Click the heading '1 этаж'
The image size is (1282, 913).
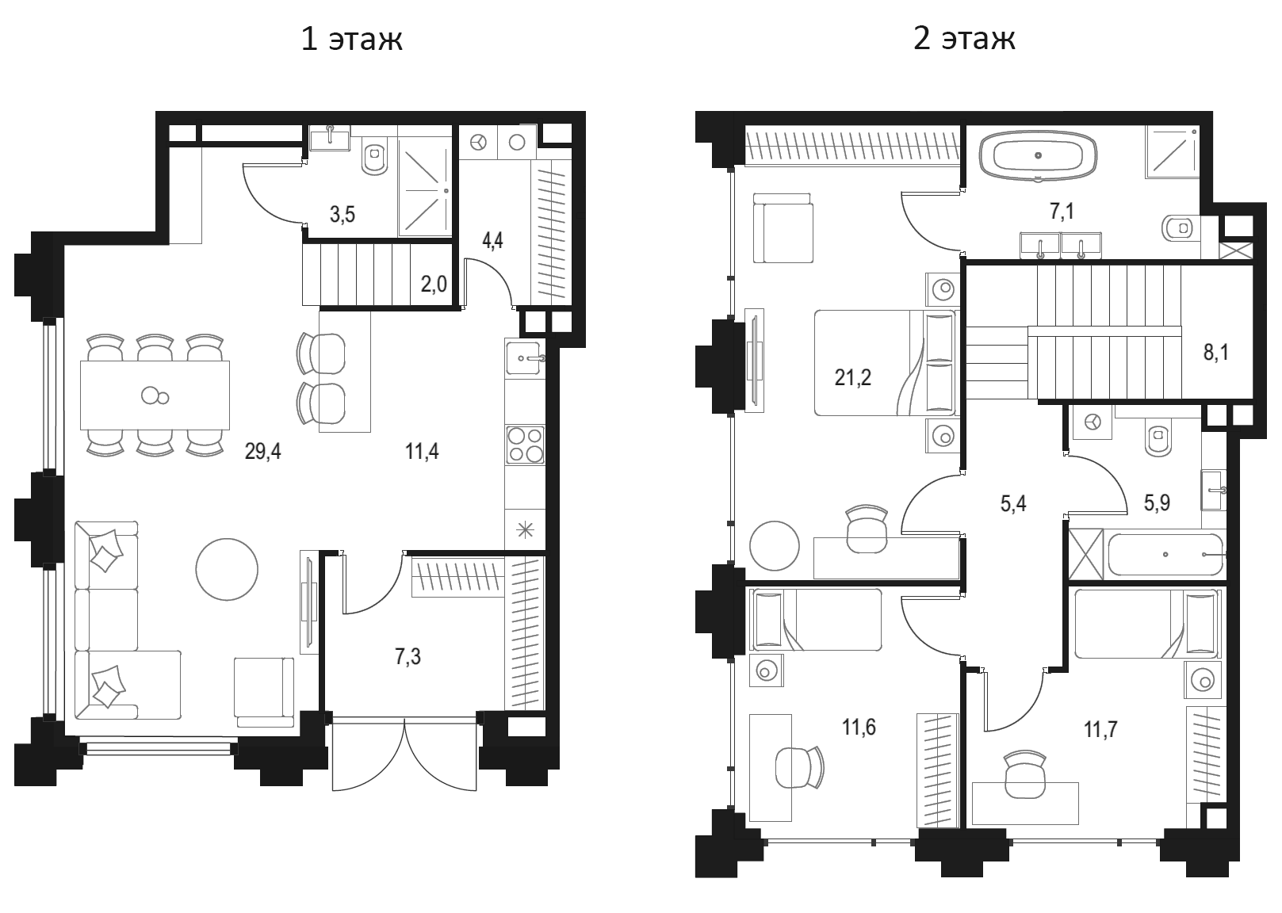click(x=351, y=40)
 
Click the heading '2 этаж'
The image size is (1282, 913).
click(x=964, y=40)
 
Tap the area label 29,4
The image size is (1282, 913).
click(x=262, y=452)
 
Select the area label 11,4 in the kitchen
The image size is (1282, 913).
click(x=422, y=452)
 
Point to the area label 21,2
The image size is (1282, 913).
click(x=853, y=377)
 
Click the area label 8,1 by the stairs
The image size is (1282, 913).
click(x=1216, y=353)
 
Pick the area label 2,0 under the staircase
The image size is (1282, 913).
click(x=434, y=284)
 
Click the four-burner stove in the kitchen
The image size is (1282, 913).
click(x=526, y=445)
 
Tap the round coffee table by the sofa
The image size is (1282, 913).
click(x=227, y=569)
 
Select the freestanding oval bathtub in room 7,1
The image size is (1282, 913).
click(x=1038, y=155)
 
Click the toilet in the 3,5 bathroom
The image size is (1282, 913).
click(x=375, y=156)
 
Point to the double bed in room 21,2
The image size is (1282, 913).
click(x=885, y=363)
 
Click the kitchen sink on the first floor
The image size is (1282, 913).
click(x=524, y=357)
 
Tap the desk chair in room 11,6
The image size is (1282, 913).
click(x=799, y=768)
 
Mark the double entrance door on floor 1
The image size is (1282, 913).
click(x=404, y=754)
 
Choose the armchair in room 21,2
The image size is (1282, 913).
click(x=783, y=228)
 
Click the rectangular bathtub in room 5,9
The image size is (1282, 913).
click(x=1166, y=554)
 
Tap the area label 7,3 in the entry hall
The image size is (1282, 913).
click(x=408, y=657)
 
